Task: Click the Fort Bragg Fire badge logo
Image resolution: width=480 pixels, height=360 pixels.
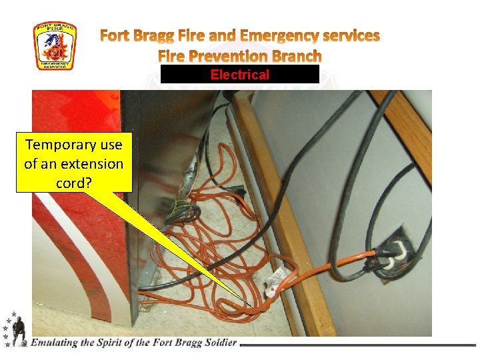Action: point(55,46)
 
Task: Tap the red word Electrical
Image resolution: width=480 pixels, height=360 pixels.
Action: point(239,75)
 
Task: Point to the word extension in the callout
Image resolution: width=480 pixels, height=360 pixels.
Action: point(91,163)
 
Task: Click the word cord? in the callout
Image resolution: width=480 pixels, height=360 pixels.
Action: point(74,182)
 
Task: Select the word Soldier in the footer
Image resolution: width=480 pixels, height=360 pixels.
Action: point(216,343)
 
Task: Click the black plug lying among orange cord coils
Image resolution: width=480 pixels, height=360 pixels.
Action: point(234,193)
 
